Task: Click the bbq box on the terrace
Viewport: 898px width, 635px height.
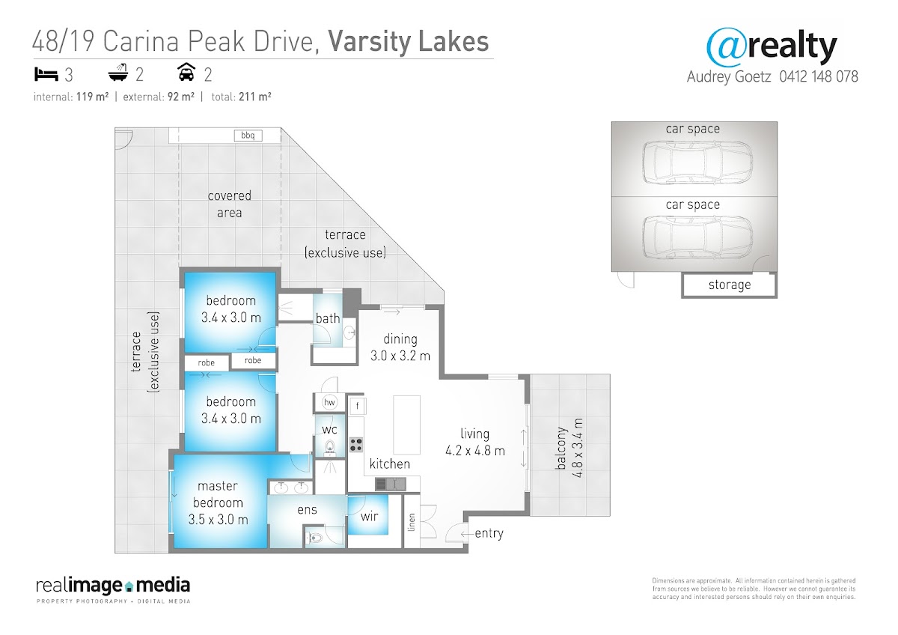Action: pos(248,136)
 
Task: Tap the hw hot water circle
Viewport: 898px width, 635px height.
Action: pos(329,402)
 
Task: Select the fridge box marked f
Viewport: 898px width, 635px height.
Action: pos(357,406)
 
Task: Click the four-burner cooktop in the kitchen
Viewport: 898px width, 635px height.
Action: pos(356,445)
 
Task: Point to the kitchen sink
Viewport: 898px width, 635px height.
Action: pos(391,484)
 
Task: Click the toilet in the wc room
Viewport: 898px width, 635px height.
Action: pos(329,447)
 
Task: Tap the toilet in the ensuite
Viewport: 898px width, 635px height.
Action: pos(315,538)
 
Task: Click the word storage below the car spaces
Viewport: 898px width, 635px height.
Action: pos(730,285)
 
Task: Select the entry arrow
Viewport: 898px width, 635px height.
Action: pos(466,534)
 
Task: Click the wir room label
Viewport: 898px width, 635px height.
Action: pos(369,516)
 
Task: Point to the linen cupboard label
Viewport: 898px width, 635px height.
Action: pos(412,522)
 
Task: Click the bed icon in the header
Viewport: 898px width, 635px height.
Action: pos(46,75)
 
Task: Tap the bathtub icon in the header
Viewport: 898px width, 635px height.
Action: pos(118,73)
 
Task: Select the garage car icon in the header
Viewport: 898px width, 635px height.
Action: pos(186,72)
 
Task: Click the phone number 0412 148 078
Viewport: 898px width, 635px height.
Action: pos(819,76)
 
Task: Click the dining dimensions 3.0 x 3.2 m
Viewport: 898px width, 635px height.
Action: pos(400,356)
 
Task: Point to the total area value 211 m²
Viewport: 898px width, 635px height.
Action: pos(255,97)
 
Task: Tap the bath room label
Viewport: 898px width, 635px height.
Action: pos(328,318)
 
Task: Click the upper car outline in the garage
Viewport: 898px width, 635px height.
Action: pos(697,162)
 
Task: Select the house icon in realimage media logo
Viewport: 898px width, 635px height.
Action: pos(129,586)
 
